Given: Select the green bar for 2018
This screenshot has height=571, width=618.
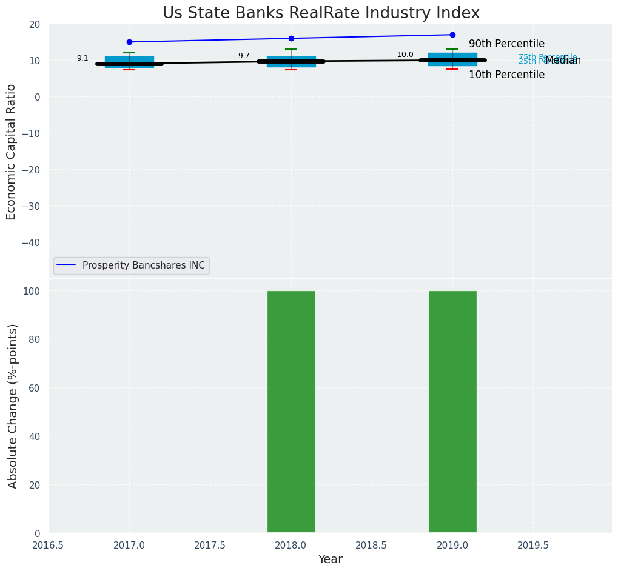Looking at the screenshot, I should pyautogui.click(x=291, y=412).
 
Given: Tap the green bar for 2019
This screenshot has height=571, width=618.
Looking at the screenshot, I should pyautogui.click(x=452, y=412).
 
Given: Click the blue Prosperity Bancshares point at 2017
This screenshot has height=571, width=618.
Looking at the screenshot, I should pyautogui.click(x=129, y=42).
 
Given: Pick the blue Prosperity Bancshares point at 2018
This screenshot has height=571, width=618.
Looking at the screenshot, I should pyautogui.click(x=291, y=38).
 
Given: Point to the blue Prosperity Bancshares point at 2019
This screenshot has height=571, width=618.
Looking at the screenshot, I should pyautogui.click(x=452, y=35).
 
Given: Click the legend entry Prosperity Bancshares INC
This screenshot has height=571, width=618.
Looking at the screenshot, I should pyautogui.click(x=143, y=265).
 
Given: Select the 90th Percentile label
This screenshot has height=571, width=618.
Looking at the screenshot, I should pyautogui.click(x=506, y=44).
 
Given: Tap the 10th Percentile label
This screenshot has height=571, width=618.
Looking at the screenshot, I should pyautogui.click(x=506, y=75).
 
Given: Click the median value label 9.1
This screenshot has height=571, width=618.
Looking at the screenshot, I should pyautogui.click(x=82, y=58).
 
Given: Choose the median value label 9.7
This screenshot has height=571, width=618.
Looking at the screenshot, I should pyautogui.click(x=244, y=56).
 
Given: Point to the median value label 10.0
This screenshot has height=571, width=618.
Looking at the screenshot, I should pyautogui.click(x=405, y=55).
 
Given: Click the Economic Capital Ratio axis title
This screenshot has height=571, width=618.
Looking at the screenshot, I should pyautogui.click(x=12, y=151).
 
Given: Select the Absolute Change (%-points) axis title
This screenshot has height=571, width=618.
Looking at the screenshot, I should pyautogui.click(x=13, y=406).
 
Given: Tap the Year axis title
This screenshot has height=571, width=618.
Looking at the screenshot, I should pyautogui.click(x=331, y=559).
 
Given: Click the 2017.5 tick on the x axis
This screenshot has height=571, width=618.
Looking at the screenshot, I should pyautogui.click(x=210, y=545).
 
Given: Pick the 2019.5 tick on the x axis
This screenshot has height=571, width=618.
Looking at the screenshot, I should pyautogui.click(x=533, y=545).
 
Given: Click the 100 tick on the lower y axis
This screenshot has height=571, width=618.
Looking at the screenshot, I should pyautogui.click(x=35, y=291).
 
